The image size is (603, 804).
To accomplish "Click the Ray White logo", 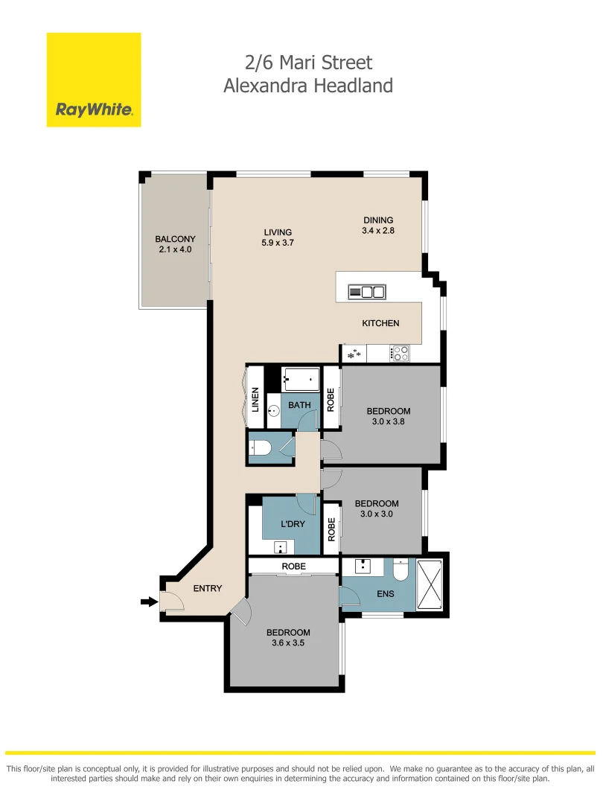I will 94,80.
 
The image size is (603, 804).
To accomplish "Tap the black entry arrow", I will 149,602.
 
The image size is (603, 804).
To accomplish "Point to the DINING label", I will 377,220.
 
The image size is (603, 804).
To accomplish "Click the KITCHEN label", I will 380,323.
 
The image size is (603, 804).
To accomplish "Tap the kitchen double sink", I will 367,292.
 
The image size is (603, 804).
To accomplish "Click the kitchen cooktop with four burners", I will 401,354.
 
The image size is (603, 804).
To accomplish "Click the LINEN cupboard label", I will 255,401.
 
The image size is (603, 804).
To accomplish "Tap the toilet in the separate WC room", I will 261,447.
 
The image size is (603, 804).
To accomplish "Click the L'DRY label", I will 292,524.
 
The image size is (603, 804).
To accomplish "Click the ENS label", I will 365,595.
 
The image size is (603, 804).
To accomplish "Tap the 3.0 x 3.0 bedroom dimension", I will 376,514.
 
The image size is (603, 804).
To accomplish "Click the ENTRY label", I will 208,588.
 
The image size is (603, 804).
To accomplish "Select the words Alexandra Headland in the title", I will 308,86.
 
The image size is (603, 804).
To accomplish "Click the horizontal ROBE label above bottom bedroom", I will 293,567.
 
